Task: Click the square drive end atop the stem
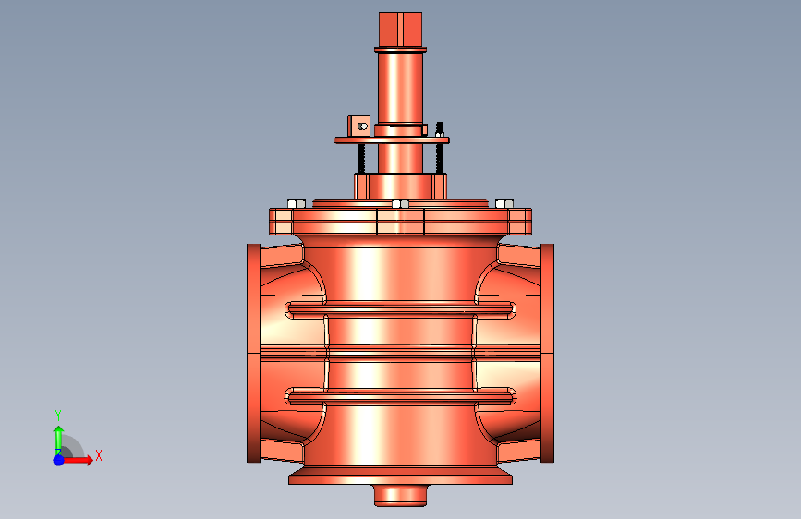pyautogui.click(x=401, y=30)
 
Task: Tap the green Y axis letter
pyautogui.click(x=58, y=416)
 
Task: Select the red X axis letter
pyautogui.click(x=99, y=455)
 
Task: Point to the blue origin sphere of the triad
pyautogui.click(x=59, y=460)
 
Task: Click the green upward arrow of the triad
pyautogui.click(x=59, y=440)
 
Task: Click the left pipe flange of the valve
pyautogui.click(x=253, y=354)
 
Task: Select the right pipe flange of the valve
pyautogui.click(x=547, y=354)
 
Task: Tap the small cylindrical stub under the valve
pyautogui.click(x=401, y=496)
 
